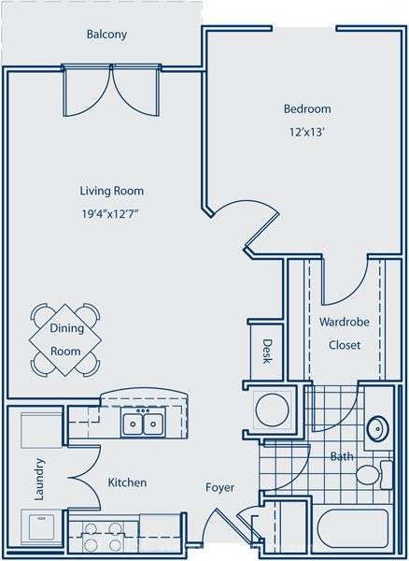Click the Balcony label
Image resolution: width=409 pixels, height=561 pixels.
click(106, 35)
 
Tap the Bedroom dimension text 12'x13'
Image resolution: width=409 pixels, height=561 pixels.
click(306, 132)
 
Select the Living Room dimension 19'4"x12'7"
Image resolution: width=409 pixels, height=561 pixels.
click(110, 214)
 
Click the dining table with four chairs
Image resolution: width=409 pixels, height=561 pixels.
click(65, 339)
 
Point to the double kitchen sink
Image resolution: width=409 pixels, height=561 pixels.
click(143, 424)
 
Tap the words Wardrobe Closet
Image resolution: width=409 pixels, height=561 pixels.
click(345, 334)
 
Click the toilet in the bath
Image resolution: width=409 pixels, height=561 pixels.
click(374, 474)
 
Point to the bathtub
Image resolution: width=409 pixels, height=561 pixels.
click(353, 528)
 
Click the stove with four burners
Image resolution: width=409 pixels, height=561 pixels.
click(103, 537)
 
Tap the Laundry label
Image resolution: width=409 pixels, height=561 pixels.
click(39, 479)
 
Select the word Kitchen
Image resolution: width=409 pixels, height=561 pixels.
click(127, 482)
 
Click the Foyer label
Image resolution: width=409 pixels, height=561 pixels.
click(220, 487)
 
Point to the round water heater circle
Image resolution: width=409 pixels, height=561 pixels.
click(272, 410)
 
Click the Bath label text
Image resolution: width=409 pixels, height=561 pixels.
click(342, 456)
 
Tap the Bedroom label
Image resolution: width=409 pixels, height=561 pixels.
click(307, 108)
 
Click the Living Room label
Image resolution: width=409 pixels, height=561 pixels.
click(112, 191)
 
